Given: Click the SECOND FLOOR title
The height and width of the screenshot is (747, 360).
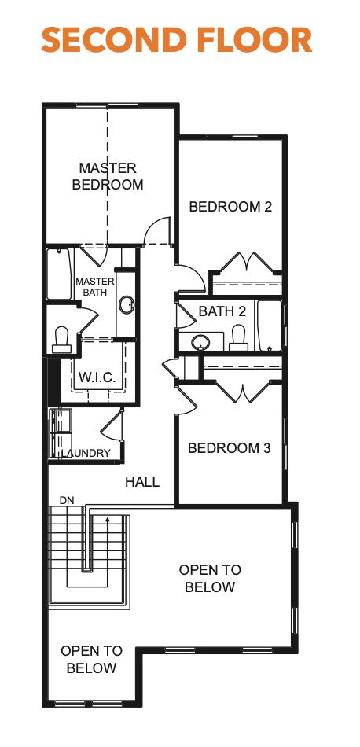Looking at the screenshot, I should pyautogui.click(x=177, y=39).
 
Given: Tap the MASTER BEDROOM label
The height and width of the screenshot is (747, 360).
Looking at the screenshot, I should pyautogui.click(x=108, y=177).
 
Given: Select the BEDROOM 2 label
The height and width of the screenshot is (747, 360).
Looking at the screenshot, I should pyautogui.click(x=230, y=207).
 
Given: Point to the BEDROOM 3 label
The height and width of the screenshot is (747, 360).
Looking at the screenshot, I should pyautogui.click(x=229, y=448).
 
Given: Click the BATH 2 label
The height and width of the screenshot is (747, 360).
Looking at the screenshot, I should pyautogui.click(x=222, y=311).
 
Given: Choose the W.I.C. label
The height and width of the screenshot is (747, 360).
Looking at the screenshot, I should pyautogui.click(x=97, y=378).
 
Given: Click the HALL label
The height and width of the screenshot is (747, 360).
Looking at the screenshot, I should pyautogui.click(x=142, y=482).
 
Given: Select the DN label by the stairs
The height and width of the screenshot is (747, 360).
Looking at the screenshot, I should pyautogui.click(x=67, y=501).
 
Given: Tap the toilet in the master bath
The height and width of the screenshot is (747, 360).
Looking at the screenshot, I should pyautogui.click(x=61, y=337).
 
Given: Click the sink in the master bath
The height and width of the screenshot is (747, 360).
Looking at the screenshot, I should pyautogui.click(x=126, y=305).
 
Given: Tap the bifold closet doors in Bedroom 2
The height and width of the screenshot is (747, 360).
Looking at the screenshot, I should pyautogui.click(x=248, y=263).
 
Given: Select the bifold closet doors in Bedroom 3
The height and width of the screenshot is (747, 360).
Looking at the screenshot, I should pyautogui.click(x=242, y=390).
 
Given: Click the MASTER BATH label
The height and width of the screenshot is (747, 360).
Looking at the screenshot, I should pyautogui.click(x=94, y=287).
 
